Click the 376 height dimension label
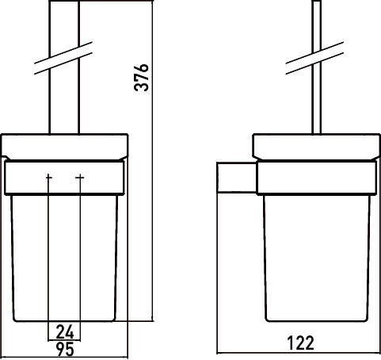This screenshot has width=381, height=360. coord(141,78)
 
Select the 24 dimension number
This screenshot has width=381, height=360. coord(65,332)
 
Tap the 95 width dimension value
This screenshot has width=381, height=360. coord(65,349)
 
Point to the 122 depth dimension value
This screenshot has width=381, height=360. coord(300,343)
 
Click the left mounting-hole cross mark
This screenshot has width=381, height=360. coord(49,178)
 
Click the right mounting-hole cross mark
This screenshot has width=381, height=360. coord(80,178)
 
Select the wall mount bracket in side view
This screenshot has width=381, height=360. coord(237,177)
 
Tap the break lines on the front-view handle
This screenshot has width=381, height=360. coord(63,58)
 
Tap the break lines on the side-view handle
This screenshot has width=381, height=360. coord(314,58)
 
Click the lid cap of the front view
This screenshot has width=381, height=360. coord(65,147)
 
